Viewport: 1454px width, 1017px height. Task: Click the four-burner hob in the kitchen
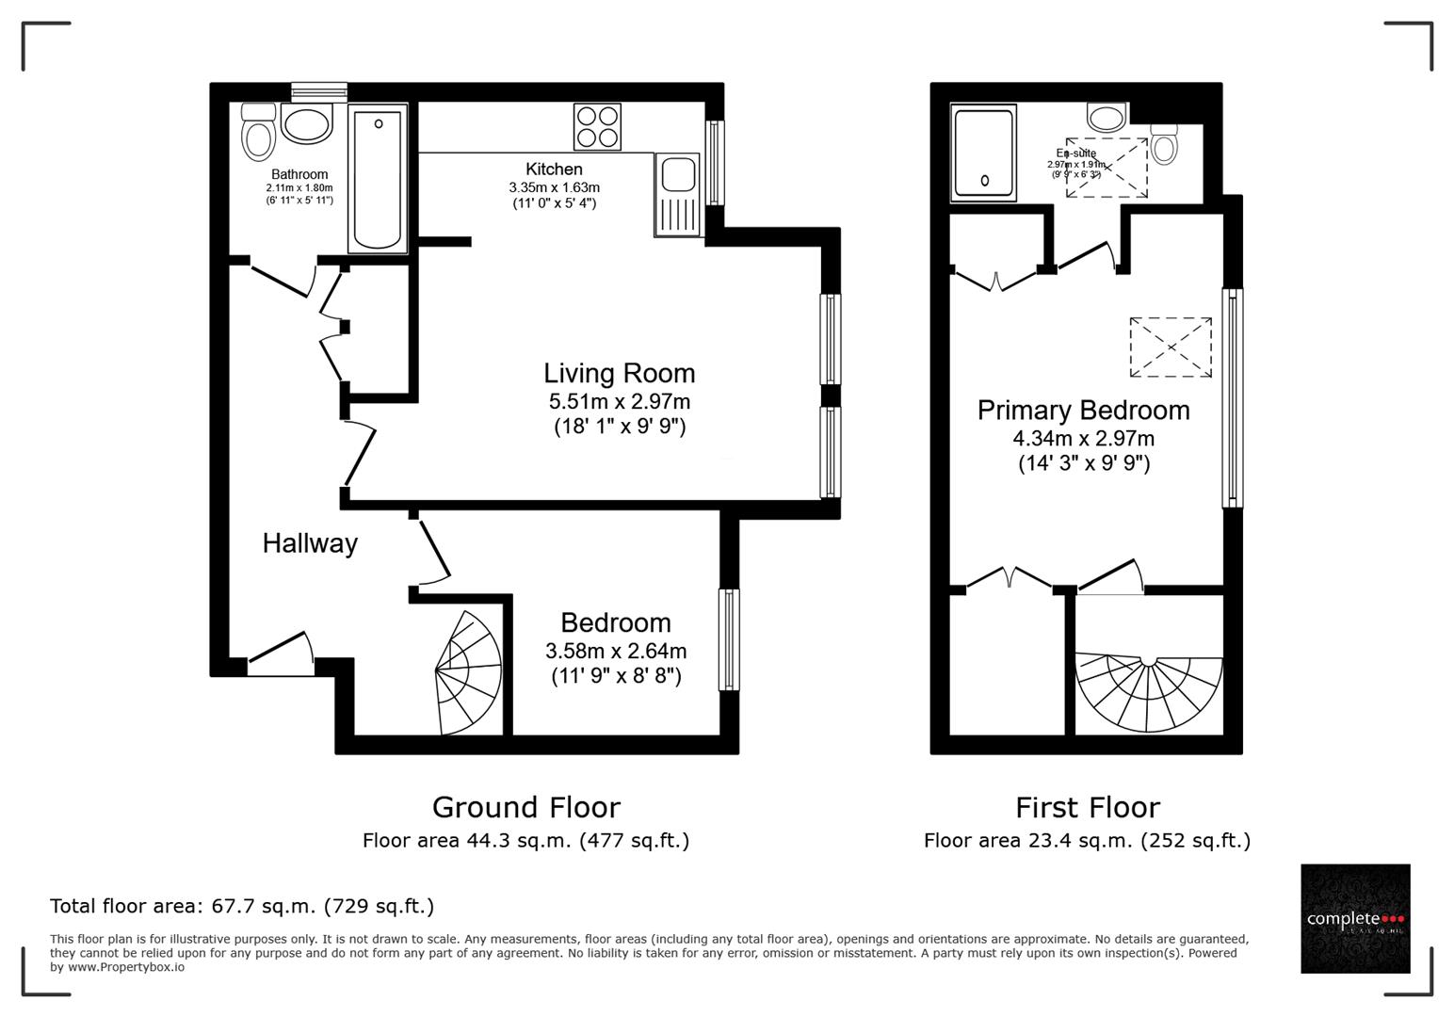597,127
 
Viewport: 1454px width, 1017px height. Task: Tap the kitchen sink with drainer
677,194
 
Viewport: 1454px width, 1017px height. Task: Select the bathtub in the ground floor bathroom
378,178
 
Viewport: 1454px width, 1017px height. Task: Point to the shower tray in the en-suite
984,153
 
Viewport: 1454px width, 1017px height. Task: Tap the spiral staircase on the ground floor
468,672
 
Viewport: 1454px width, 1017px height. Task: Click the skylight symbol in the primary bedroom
1171,347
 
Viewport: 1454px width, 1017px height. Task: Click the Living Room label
619,373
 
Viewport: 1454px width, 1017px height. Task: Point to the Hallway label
310,543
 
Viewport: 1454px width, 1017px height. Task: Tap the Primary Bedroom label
1083,411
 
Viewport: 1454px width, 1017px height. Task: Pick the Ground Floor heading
525,807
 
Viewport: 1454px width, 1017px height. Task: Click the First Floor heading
1087,807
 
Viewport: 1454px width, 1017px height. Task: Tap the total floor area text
242,906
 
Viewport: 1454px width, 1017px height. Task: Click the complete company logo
1355,918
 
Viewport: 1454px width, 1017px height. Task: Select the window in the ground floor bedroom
729,639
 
